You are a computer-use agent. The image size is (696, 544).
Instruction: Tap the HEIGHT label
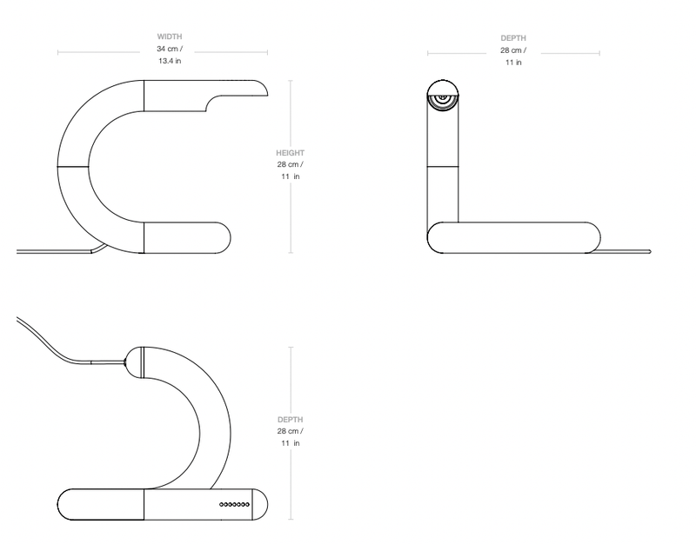(290, 152)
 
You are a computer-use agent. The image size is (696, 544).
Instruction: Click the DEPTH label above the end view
(513, 37)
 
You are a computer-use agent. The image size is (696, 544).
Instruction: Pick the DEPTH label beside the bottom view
(290, 418)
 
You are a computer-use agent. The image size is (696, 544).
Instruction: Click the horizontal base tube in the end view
(513, 237)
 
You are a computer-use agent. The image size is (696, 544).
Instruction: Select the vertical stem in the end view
(444, 165)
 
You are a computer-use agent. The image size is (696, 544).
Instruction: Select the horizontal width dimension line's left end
(59, 53)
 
